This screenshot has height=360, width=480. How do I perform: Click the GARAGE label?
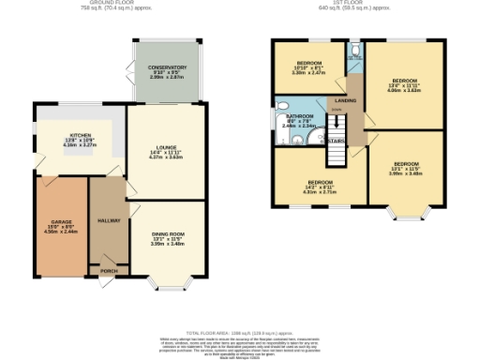click(61, 222)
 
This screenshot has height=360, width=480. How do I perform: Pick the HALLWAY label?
click(110, 219)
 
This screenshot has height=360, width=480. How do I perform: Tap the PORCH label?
click(109, 272)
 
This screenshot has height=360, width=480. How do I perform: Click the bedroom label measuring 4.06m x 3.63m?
click(405, 82)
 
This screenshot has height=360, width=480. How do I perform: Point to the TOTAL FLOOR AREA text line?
click(240, 333)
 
